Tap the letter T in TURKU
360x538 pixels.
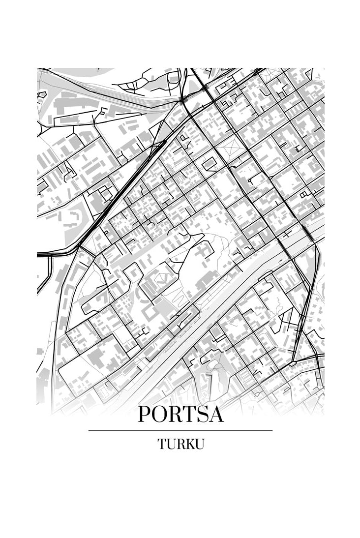162,444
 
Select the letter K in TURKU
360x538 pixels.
190,444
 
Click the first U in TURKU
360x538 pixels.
171,444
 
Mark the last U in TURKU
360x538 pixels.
199,444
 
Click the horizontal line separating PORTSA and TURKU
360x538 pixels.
180,430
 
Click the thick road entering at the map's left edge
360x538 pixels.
49,254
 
